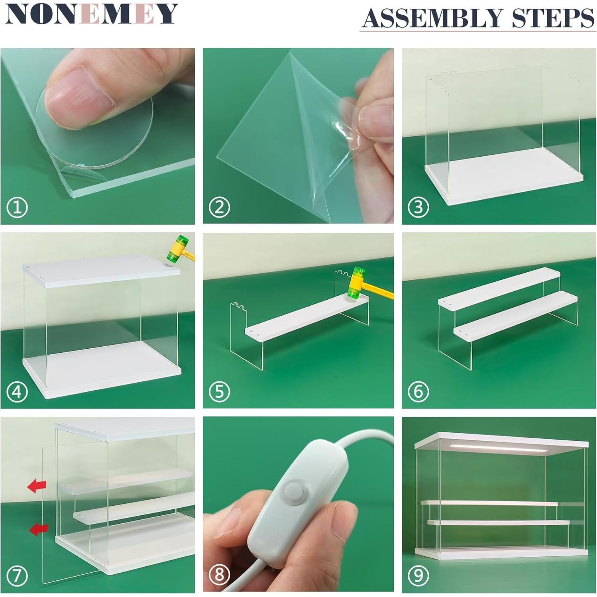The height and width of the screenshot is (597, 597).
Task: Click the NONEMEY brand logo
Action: (91, 14)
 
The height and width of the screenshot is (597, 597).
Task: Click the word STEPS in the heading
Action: (553, 18)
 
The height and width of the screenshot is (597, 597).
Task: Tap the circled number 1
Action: (17, 207)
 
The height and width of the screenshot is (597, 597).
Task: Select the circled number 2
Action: (220, 207)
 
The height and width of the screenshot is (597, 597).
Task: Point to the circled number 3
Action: (418, 207)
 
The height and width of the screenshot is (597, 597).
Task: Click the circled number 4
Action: (17, 392)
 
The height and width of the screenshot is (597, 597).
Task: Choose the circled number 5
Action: (220, 392)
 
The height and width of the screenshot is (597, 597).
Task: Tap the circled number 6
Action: (418, 392)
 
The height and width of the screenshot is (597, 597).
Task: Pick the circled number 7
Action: (17, 575)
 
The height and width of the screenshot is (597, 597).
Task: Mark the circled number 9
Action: (418, 575)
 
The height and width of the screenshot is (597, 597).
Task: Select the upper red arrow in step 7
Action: (37, 486)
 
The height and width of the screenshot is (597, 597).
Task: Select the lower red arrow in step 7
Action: (39, 529)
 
